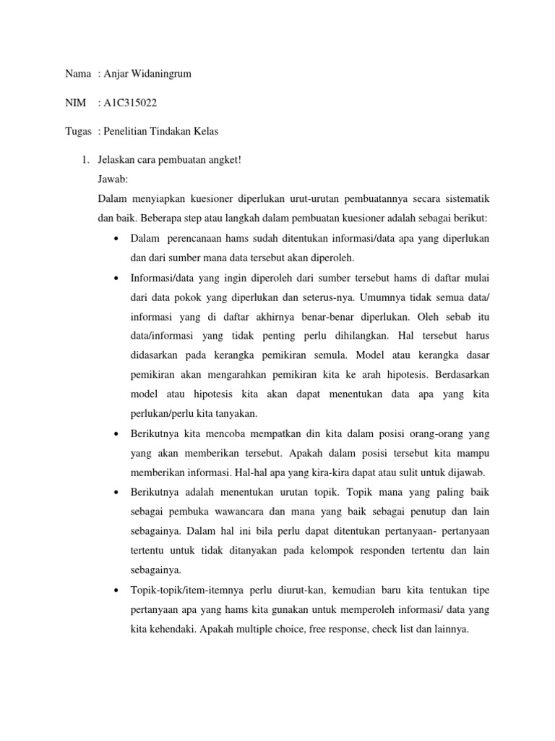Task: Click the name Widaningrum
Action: [x=159, y=74]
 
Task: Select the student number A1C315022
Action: [x=130, y=103]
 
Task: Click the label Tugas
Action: [x=78, y=131]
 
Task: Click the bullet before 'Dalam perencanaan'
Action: [x=116, y=238]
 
